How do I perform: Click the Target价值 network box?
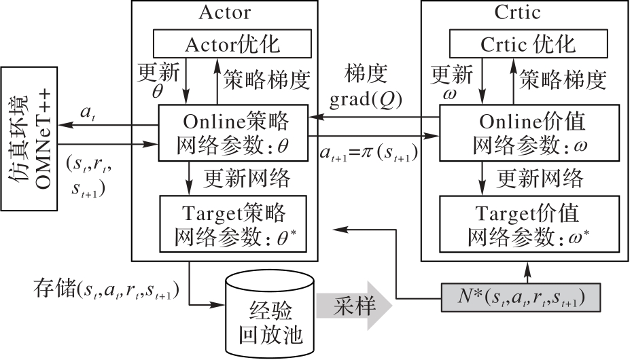coord(529,223)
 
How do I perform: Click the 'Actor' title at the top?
coord(225,12)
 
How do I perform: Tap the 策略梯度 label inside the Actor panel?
coord(266,80)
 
